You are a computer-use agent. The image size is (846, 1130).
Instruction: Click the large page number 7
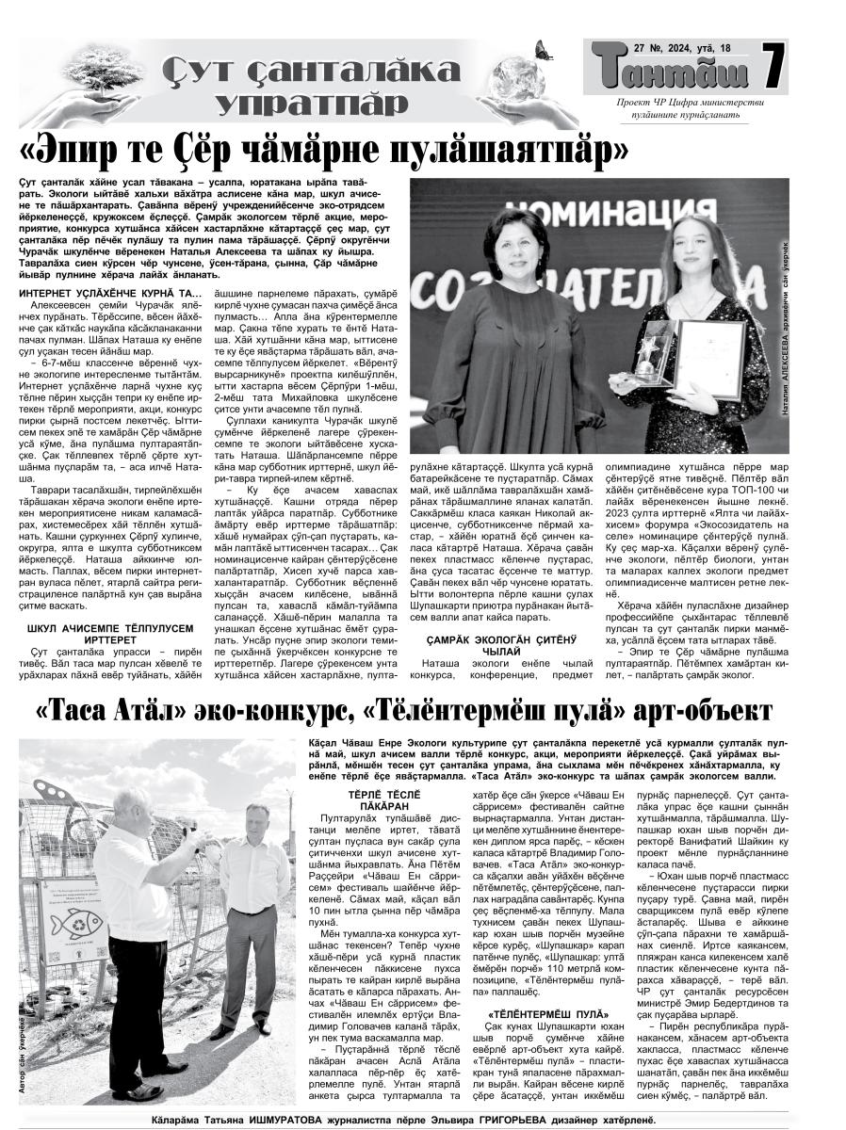(x=773, y=72)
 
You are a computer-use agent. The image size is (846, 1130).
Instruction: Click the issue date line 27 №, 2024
(x=669, y=47)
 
